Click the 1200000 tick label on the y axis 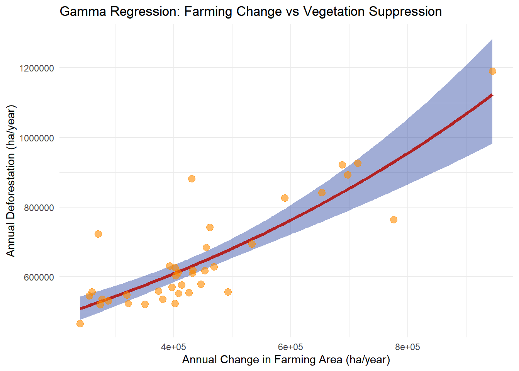[x=36, y=68]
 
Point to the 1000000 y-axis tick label [x=36, y=138]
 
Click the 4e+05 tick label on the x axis [x=173, y=347]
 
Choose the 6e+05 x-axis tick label [x=290, y=347]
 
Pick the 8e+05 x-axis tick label [x=407, y=347]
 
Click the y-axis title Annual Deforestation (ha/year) [x=11, y=181]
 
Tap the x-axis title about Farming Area [x=286, y=360]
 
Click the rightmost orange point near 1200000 [x=492, y=71]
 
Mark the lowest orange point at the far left [x=80, y=323]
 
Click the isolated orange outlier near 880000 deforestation [x=192, y=179]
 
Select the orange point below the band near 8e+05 [x=393, y=220]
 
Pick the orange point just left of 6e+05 [x=285, y=198]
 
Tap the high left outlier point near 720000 [x=98, y=234]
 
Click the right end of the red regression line [x=492, y=95]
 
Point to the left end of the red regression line [x=80, y=308]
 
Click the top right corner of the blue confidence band [x=492, y=39]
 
